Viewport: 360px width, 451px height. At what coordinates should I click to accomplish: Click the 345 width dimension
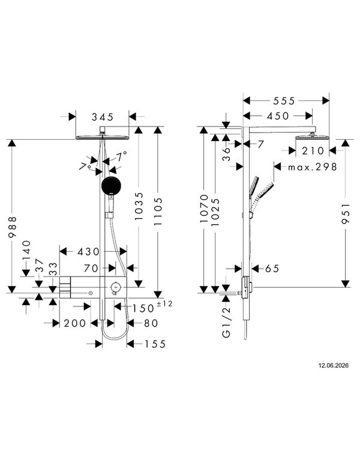[103, 117]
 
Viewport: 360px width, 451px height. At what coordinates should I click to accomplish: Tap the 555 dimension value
[284, 101]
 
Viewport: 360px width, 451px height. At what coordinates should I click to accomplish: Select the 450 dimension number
[278, 116]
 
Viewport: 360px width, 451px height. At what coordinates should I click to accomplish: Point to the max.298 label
[312, 167]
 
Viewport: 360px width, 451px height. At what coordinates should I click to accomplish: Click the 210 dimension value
[313, 151]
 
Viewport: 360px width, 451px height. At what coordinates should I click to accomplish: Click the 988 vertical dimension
[12, 227]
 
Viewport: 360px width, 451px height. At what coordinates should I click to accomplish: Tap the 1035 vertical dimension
[139, 206]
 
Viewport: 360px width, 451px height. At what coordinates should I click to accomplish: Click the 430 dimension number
[88, 252]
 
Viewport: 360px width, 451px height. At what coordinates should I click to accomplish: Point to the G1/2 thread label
[226, 321]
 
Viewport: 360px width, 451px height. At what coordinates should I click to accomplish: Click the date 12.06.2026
[333, 365]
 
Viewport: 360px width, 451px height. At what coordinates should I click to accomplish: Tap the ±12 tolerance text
[164, 303]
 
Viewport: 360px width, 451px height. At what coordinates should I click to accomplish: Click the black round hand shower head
[111, 186]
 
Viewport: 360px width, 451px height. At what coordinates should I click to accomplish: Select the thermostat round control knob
[115, 287]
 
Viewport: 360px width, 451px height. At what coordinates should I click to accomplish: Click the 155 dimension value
[155, 344]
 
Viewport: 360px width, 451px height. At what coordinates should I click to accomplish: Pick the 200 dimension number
[75, 323]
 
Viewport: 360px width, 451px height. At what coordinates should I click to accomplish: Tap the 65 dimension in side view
[272, 269]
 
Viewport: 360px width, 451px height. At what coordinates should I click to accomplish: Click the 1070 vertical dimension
[204, 209]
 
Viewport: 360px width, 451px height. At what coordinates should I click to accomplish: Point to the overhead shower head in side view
[312, 137]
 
